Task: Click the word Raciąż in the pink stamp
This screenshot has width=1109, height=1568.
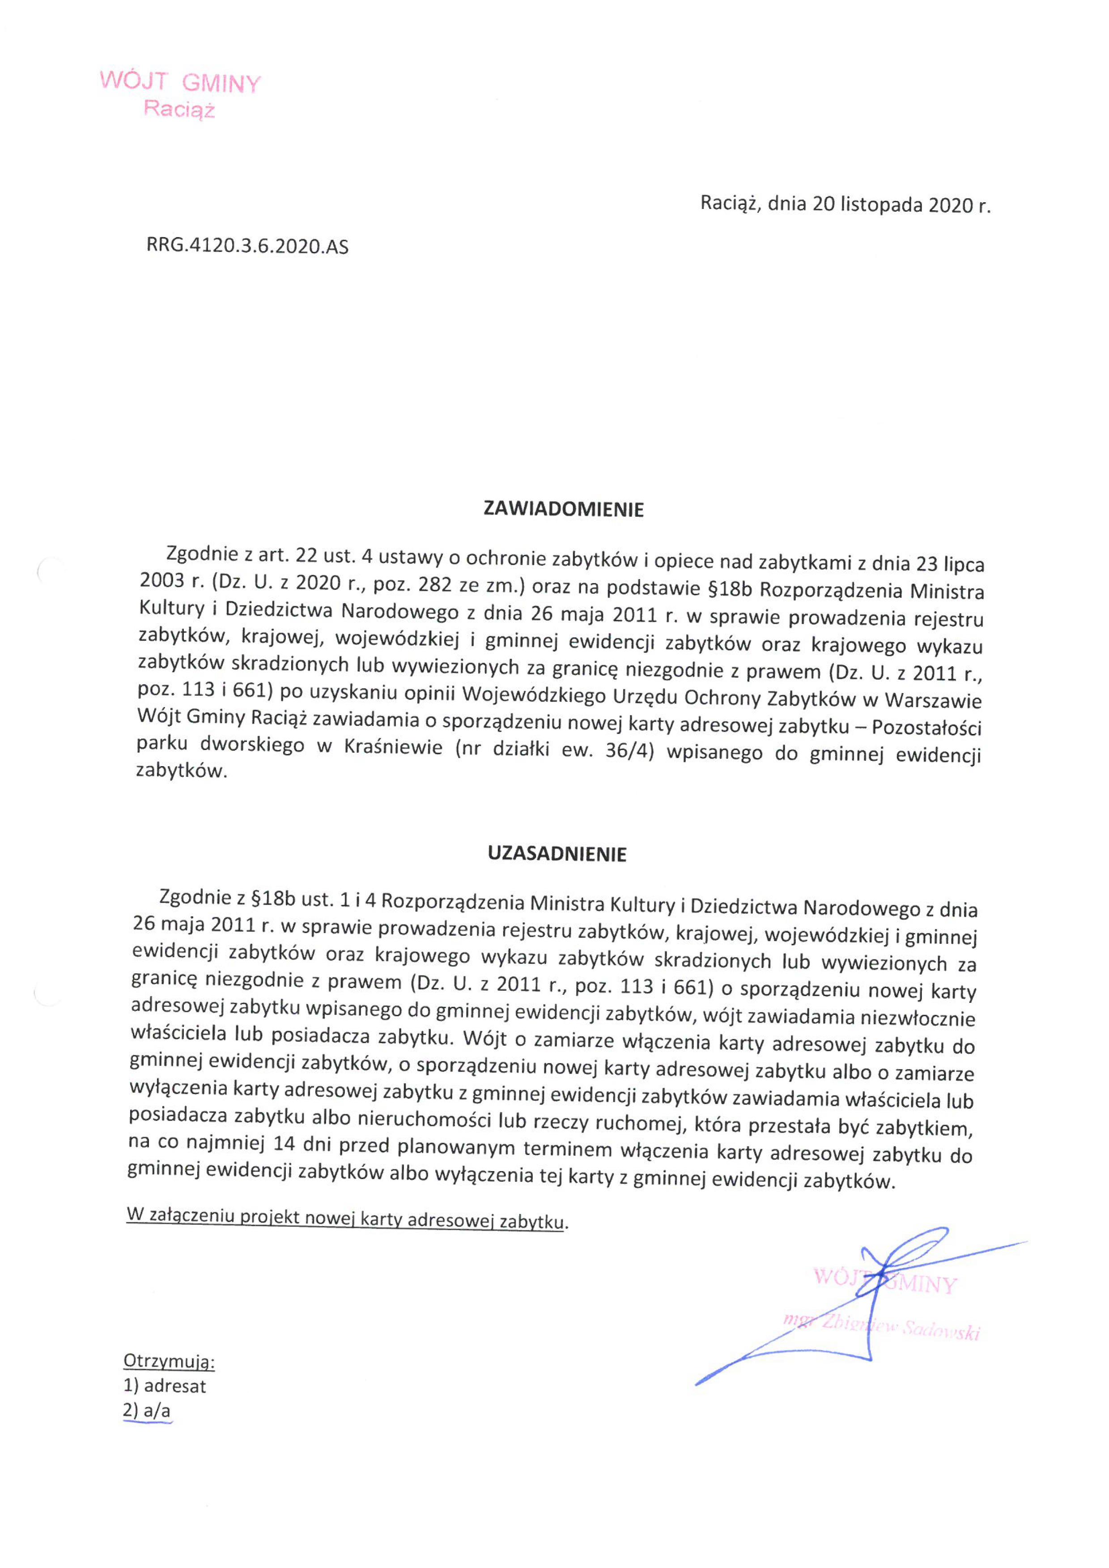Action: click(179, 109)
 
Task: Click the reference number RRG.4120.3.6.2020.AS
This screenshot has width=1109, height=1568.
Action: click(247, 247)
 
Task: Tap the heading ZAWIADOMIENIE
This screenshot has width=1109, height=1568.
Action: click(563, 509)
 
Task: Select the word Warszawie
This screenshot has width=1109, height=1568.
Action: click(934, 701)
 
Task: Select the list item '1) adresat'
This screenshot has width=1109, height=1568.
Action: click(165, 1386)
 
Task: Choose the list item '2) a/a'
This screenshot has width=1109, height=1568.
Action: click(147, 1410)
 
